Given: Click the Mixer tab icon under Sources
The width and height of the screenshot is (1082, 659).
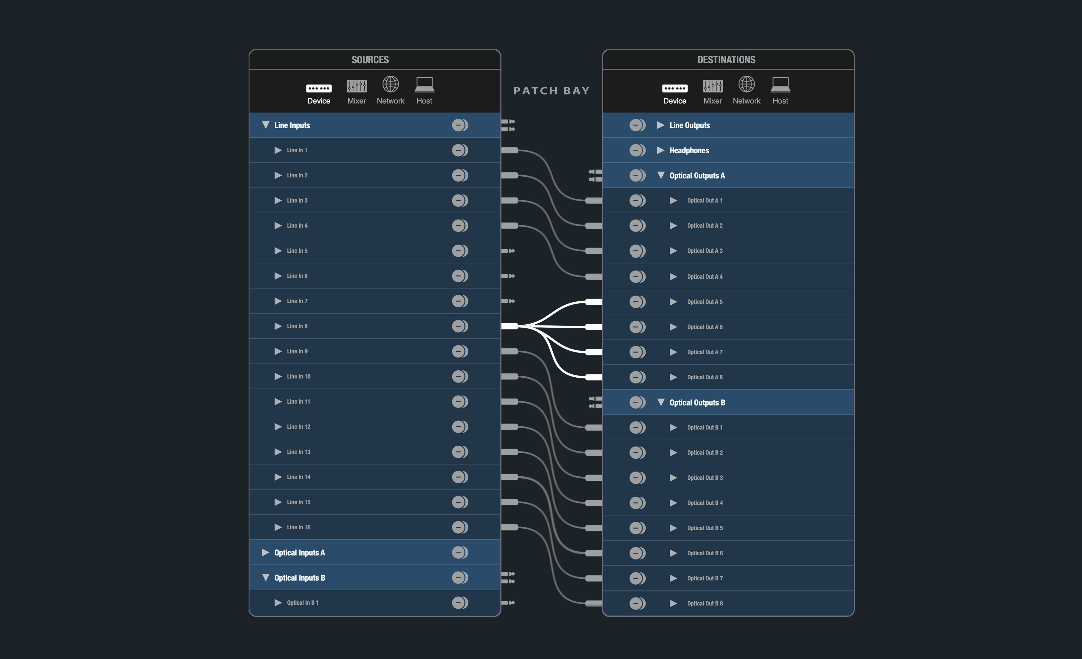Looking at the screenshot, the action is point(357,85).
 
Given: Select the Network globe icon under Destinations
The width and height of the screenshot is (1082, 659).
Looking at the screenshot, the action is point(747,84).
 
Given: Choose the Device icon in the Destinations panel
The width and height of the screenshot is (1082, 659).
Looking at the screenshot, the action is point(675,88).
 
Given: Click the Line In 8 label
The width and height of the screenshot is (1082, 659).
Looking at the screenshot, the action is point(297,326).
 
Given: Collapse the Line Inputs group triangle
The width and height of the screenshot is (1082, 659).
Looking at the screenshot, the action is point(266,125).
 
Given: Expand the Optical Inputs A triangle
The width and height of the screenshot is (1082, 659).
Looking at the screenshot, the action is point(265,552).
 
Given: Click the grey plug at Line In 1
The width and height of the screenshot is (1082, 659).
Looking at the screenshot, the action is point(509,150).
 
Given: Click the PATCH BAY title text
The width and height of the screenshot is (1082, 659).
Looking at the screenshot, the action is point(551,91).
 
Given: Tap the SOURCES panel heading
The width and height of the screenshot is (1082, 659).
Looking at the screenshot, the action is point(370,60).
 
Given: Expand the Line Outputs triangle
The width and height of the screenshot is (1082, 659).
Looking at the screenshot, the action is point(661,125).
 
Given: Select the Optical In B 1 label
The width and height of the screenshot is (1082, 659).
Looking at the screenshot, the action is point(303,603).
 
